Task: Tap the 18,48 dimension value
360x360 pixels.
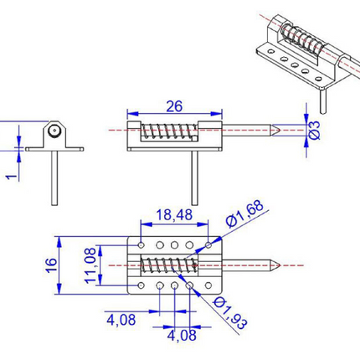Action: pos(172,215)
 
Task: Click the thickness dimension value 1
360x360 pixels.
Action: pos(9,175)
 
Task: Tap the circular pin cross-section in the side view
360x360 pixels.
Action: pos(54,131)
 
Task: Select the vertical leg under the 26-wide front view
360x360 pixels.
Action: pos(195,176)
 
